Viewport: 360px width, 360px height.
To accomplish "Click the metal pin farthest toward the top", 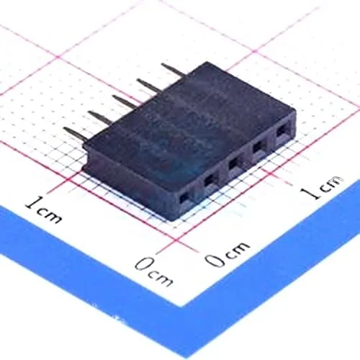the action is point(174,69).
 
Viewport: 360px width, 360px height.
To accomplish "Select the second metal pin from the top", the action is point(149,85).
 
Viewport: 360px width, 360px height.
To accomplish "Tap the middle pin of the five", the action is point(125,101).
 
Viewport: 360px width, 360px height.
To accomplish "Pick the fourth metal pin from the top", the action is point(100,117).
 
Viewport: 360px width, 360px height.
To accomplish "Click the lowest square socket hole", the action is point(184,197).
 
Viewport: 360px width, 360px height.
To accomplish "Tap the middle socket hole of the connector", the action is point(233,163).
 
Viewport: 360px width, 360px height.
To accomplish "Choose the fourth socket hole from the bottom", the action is point(258,148).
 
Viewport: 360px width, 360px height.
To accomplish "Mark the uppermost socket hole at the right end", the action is point(282,132).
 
